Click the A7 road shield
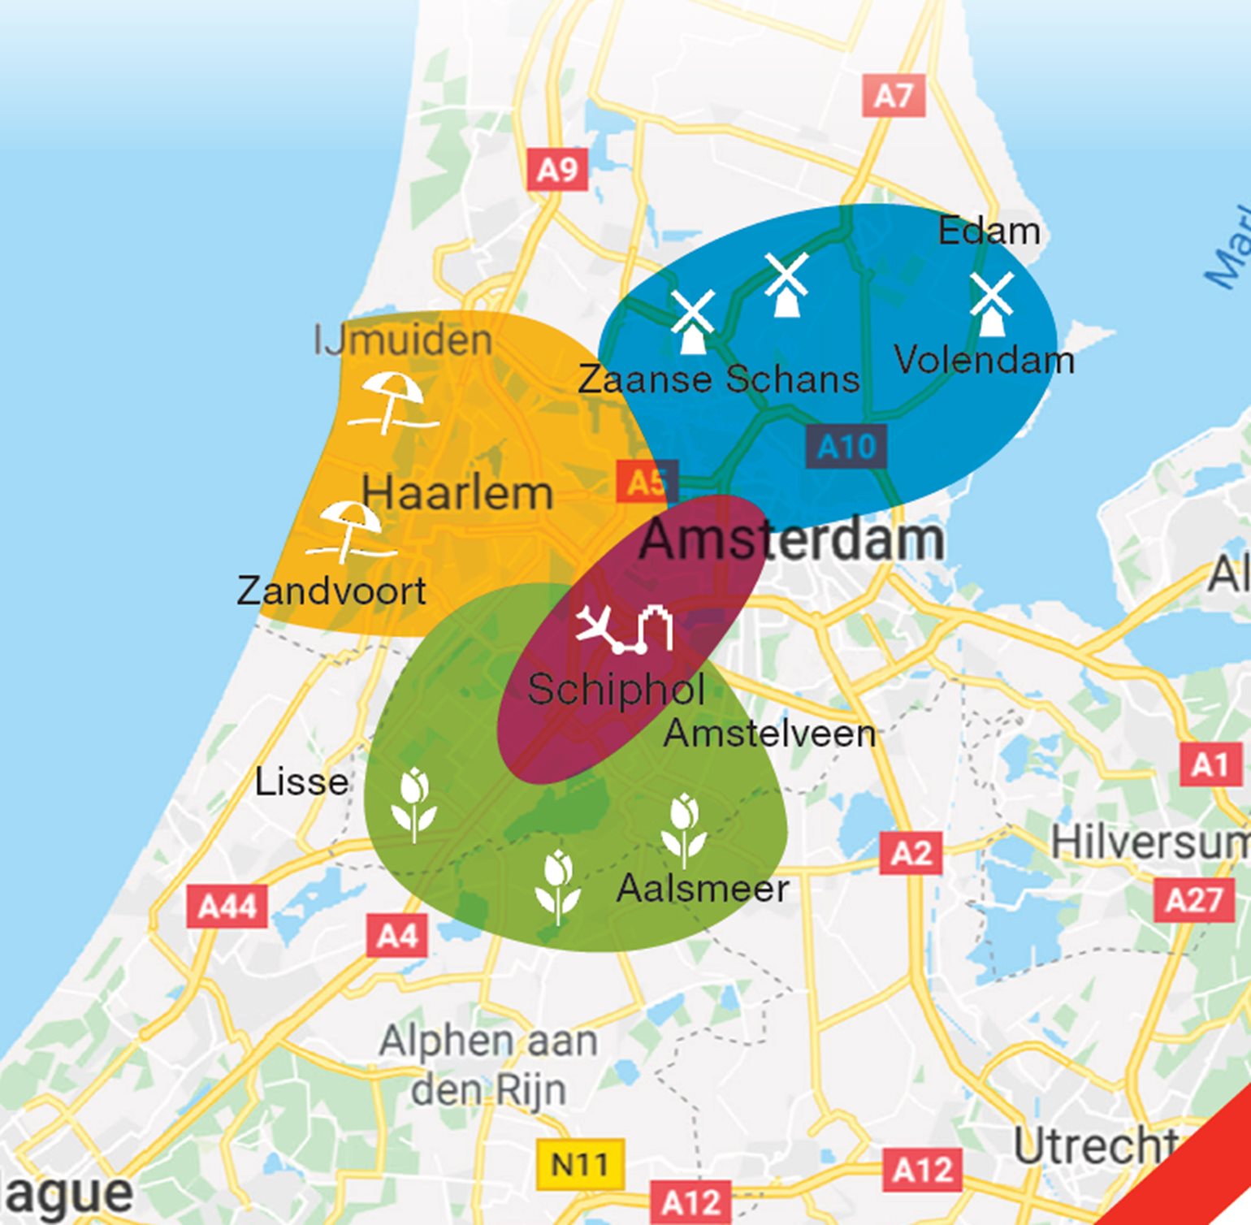click(x=894, y=96)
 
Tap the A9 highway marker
click(x=557, y=169)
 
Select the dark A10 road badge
click(x=846, y=446)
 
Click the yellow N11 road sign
click(x=580, y=1163)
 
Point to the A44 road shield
click(x=227, y=906)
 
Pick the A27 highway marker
click(x=1193, y=899)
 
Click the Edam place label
click(x=989, y=232)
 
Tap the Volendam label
click(x=984, y=360)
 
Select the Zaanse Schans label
click(x=718, y=379)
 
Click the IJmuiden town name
click(x=403, y=340)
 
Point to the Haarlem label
click(x=457, y=493)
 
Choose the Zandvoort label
click(x=331, y=591)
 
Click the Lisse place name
click(x=301, y=781)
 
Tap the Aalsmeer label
click(x=703, y=888)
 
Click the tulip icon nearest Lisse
click(x=414, y=803)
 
